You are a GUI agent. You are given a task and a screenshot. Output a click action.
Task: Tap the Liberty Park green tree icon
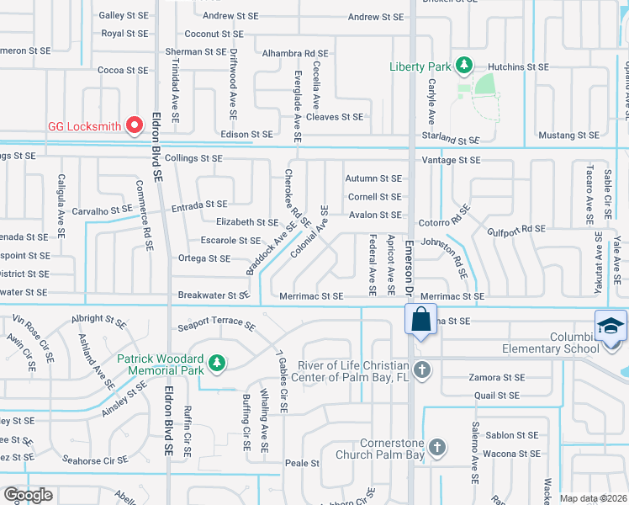click(x=463, y=66)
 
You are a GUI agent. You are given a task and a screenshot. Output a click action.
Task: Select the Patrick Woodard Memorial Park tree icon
click(x=217, y=363)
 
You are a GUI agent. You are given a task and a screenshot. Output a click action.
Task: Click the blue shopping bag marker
click(x=419, y=321)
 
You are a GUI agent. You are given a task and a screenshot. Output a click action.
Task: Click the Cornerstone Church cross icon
click(x=436, y=448)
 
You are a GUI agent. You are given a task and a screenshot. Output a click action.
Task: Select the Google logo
click(x=28, y=495)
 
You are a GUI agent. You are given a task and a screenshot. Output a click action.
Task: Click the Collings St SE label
click(x=193, y=158)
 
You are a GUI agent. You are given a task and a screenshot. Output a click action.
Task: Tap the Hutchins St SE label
click(x=520, y=66)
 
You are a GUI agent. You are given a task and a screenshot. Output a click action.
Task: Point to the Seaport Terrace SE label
click(x=216, y=324)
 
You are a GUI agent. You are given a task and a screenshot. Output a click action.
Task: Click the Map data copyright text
click(x=593, y=498)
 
